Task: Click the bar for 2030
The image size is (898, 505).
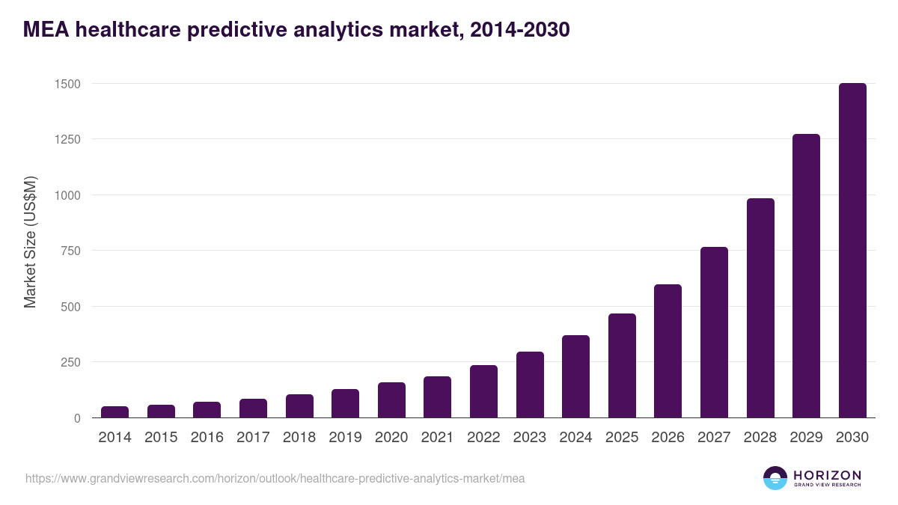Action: click(852, 251)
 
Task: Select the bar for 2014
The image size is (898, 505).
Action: click(115, 412)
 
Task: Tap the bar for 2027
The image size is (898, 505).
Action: click(714, 332)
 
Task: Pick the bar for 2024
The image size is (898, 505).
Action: click(575, 376)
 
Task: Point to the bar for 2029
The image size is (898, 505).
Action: click(806, 276)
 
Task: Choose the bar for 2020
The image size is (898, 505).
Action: click(391, 400)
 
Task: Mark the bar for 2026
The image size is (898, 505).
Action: click(668, 351)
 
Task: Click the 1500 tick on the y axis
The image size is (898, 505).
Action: click(67, 84)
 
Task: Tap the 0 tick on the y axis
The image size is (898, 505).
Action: click(77, 418)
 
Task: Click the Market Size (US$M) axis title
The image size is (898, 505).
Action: click(30, 242)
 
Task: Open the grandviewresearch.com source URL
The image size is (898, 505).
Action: click(275, 478)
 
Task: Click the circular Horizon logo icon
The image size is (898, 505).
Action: click(775, 478)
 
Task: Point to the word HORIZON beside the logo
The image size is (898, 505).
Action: click(827, 475)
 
